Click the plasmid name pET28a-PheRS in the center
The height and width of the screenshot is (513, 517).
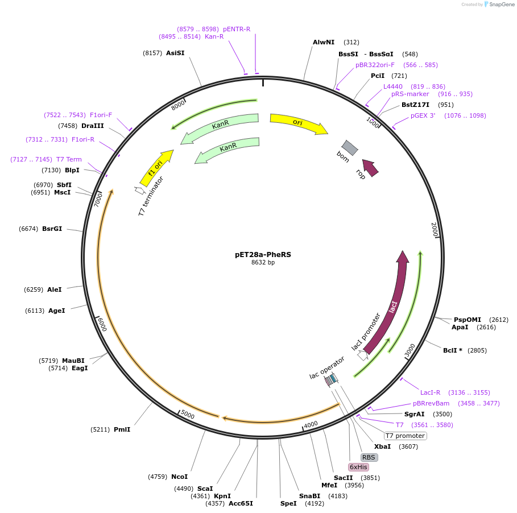[x=263, y=255]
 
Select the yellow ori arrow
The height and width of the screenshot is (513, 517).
[x=299, y=123]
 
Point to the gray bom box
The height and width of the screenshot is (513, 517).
[x=350, y=147]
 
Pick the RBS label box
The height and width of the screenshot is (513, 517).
[x=369, y=457]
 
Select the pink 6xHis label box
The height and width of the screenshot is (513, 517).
[x=358, y=467]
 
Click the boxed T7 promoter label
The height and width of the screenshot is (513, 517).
[x=405, y=436]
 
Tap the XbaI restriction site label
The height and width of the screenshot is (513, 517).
[x=382, y=446]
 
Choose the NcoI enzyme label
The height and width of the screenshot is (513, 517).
[x=179, y=477]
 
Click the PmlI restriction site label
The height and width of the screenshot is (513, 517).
[x=122, y=429]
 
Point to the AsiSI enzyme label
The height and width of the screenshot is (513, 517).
[x=175, y=53]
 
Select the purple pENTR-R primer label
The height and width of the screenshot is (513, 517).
[x=237, y=29]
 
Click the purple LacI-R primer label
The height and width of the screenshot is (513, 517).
[x=431, y=392]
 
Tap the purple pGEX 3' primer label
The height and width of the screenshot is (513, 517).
[x=423, y=115]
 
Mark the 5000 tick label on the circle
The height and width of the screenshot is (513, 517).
[x=188, y=415]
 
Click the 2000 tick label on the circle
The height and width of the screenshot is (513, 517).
[x=435, y=229]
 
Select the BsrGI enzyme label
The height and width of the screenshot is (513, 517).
[x=52, y=229]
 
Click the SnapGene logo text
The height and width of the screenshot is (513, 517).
[x=502, y=5]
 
